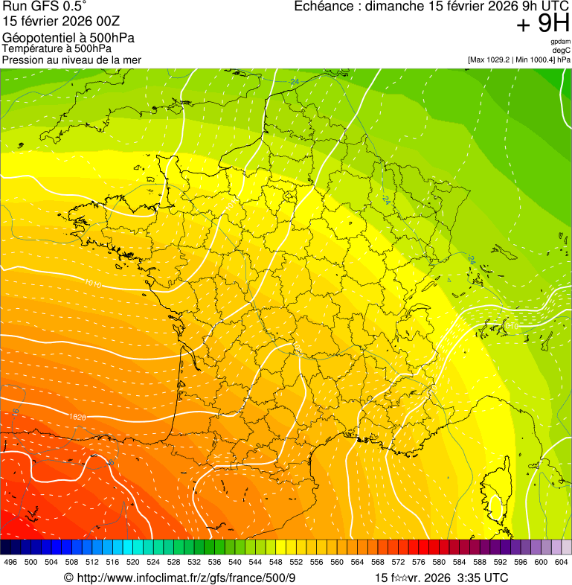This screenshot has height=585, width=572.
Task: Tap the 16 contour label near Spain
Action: [x=15, y=412]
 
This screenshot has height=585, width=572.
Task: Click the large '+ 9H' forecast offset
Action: [x=542, y=25]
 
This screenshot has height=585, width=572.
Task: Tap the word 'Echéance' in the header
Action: [x=321, y=7]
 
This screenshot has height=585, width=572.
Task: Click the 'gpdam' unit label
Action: [x=561, y=42]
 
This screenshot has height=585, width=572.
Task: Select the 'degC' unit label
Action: [x=562, y=50]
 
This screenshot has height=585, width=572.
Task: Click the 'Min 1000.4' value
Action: [x=534, y=59]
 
